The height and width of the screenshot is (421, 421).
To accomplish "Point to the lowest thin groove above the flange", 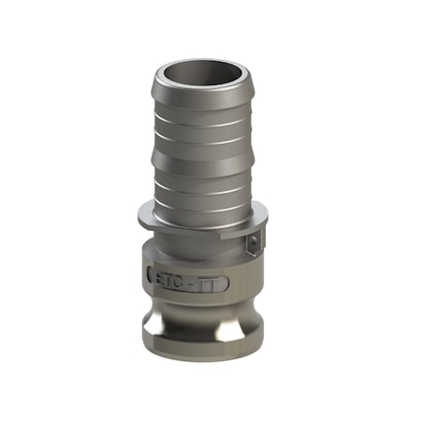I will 202,193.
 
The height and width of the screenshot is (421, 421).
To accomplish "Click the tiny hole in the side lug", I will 253,244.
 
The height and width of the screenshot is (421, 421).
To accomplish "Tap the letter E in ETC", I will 159,277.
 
